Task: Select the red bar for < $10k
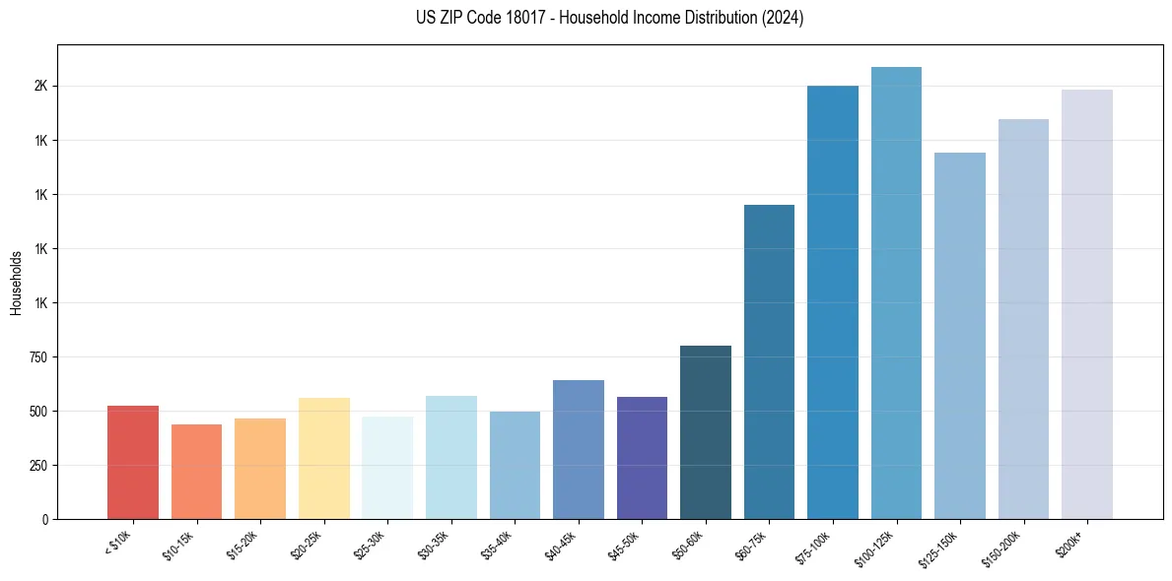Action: point(132,463)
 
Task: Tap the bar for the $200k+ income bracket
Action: point(1086,304)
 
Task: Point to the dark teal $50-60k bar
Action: point(705,432)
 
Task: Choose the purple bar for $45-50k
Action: point(642,458)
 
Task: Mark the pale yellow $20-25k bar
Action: point(323,459)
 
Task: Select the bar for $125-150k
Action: point(959,336)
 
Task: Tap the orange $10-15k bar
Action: point(196,472)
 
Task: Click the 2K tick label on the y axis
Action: point(40,87)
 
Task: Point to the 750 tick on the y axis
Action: point(37,357)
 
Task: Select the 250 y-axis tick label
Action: point(37,466)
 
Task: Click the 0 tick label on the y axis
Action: point(44,520)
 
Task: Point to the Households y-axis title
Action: point(16,283)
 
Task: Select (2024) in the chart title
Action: point(782,18)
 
